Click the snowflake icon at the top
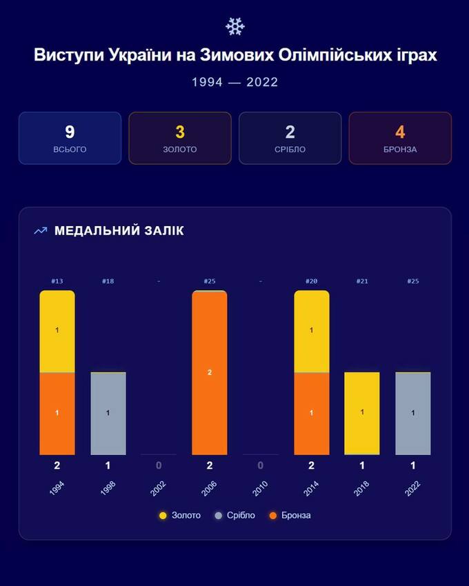234,26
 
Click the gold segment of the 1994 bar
57,331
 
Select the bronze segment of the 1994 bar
57,414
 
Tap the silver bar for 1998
108,414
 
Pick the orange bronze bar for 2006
210,372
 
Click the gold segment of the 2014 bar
312,331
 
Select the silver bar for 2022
413,414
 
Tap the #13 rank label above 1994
57,281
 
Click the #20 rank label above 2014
312,281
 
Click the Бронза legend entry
290,515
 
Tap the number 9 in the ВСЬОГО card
70,132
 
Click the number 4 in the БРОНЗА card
400,132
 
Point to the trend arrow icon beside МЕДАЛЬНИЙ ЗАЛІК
41,230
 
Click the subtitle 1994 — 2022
234,82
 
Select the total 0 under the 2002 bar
159,465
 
